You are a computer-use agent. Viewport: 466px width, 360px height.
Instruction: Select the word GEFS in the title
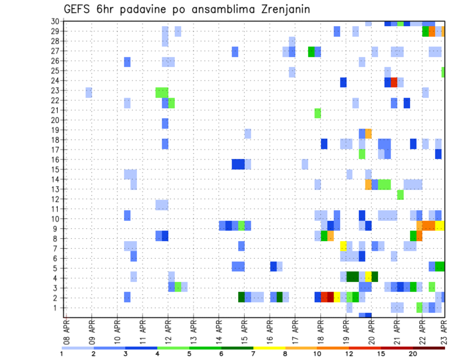[x=80, y=9]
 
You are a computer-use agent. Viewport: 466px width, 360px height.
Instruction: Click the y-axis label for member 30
[x=55, y=21]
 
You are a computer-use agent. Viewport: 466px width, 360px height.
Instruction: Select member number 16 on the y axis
[x=55, y=160]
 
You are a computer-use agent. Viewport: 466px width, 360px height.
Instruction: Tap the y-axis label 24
[x=55, y=81]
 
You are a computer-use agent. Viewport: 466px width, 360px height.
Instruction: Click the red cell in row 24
[x=394, y=82]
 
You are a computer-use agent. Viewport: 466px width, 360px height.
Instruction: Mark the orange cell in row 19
[x=368, y=133]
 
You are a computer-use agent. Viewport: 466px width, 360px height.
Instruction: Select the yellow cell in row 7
[x=343, y=246]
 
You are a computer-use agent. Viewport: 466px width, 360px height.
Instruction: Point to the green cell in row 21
[x=317, y=113]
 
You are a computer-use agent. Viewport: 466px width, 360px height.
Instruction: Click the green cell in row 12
[x=400, y=195]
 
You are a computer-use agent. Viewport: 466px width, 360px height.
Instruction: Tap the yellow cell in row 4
[x=368, y=276]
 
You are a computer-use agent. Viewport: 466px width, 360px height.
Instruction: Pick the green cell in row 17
[x=362, y=154]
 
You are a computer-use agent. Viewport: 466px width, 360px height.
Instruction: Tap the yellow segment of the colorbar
[x=269, y=348]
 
